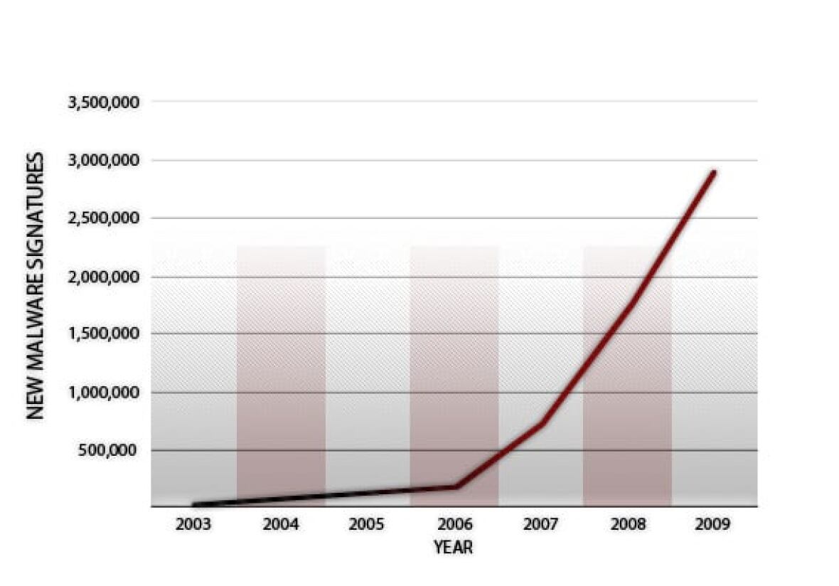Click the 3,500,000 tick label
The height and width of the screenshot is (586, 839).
click(104, 102)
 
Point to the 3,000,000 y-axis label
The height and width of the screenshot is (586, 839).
click(104, 160)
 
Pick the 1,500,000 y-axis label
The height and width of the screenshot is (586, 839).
click(104, 334)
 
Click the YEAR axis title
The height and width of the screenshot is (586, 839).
click(453, 548)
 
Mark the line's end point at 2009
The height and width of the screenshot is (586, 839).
click(714, 172)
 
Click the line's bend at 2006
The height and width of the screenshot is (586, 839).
click(455, 486)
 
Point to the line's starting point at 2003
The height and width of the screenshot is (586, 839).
click(194, 504)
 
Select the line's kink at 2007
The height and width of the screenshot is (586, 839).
click(542, 424)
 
